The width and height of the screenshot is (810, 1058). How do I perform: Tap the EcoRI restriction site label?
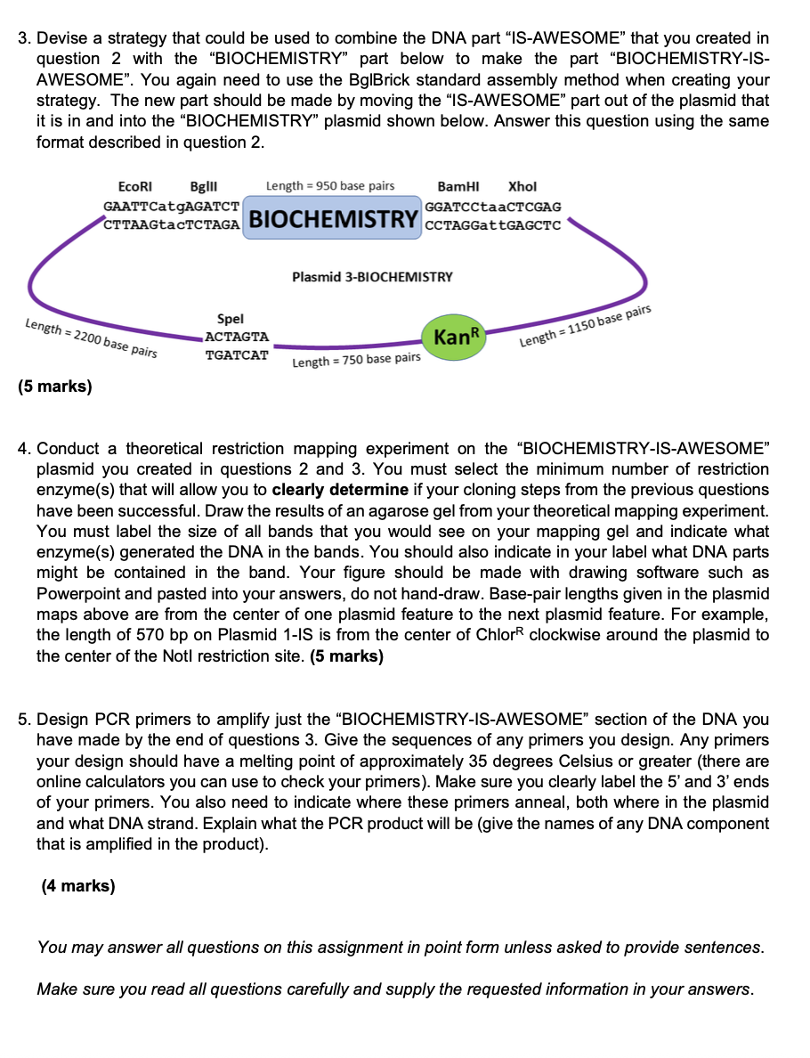[x=135, y=186]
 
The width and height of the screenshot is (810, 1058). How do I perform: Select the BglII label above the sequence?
[x=205, y=186]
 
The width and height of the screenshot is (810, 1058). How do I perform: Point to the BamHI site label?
[x=458, y=186]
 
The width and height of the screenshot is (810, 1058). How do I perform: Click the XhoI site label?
[x=522, y=186]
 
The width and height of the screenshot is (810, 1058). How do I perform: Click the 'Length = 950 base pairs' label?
[x=330, y=186]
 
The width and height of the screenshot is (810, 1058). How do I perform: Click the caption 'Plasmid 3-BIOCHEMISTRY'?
[x=372, y=277]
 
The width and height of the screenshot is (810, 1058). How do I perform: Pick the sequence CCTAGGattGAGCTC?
[x=493, y=225]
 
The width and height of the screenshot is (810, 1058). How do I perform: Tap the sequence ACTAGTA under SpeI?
[x=237, y=337]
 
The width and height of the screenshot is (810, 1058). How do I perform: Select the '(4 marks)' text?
[x=78, y=886]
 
